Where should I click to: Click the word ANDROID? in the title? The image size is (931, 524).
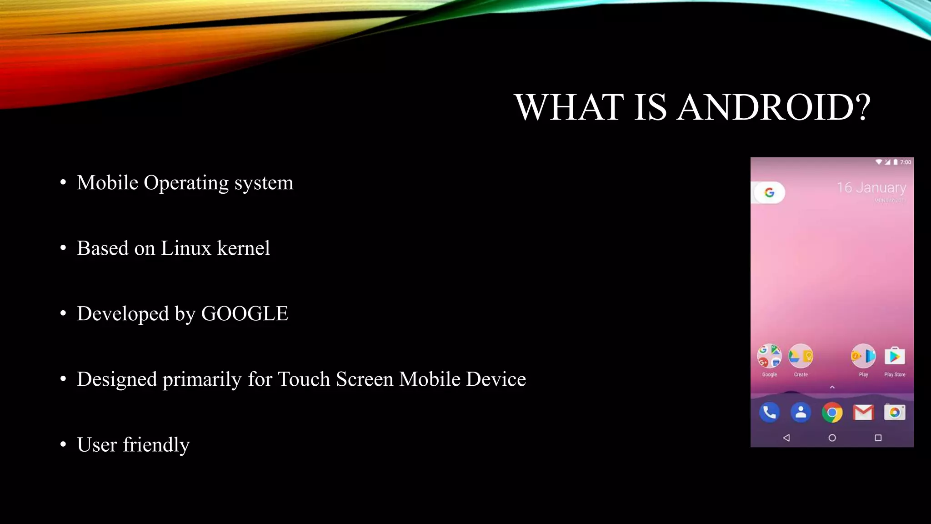point(773,107)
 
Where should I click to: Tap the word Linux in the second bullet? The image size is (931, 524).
point(186,248)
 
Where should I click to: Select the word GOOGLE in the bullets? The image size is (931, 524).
point(245,314)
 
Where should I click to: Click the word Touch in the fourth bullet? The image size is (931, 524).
point(304,379)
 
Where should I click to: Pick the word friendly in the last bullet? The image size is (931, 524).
point(156,445)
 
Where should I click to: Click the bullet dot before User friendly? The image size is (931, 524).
point(63,444)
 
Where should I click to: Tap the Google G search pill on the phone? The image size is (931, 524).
point(769,193)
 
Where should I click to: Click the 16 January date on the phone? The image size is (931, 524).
point(871,187)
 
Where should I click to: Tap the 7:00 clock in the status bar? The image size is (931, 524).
point(905,162)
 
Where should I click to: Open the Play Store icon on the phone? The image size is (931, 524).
point(894,357)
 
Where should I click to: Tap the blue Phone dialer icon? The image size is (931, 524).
point(769,413)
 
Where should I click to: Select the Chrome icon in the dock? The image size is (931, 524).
point(832,413)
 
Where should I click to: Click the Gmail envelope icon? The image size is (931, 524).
point(863,413)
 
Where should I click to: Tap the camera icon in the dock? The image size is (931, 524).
point(894,413)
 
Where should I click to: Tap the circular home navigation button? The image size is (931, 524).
point(832,438)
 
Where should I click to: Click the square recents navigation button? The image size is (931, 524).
point(878,438)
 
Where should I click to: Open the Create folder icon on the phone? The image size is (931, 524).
point(801,357)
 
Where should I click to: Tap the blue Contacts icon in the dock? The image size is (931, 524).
point(801,413)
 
